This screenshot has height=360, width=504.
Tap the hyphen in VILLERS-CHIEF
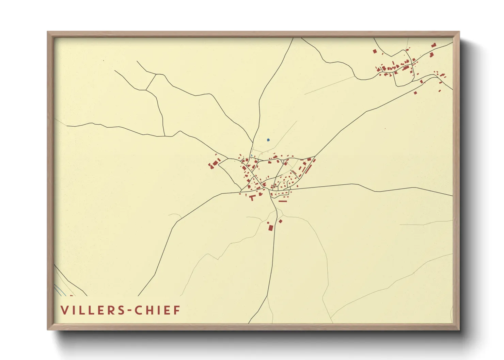[129, 310]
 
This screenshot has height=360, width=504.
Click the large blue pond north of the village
[268, 140]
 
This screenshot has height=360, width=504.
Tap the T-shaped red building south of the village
[252, 197]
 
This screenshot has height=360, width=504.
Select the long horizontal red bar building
[283, 201]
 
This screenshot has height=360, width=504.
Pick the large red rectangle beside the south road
[271, 227]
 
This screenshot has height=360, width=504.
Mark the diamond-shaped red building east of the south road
[281, 221]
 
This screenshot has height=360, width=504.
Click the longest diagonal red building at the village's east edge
[309, 168]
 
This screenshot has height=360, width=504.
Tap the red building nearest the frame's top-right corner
[434, 45]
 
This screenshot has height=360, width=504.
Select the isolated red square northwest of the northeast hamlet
[375, 51]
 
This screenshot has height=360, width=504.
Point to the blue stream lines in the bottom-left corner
[60, 290]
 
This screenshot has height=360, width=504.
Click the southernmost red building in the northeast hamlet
[415, 93]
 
